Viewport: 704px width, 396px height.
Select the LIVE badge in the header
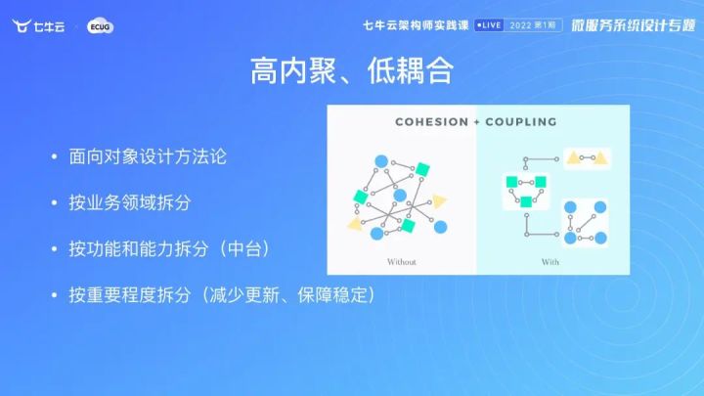coord(495,24)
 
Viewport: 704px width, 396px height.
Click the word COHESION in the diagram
coord(428,122)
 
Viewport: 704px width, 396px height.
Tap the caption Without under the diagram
coord(402,262)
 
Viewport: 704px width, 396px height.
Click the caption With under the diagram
coord(550,262)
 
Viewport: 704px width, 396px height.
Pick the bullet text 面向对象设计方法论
coord(149,156)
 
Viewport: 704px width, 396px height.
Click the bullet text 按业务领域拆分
coord(130,202)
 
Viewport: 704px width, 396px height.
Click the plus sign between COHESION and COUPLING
coord(475,122)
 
